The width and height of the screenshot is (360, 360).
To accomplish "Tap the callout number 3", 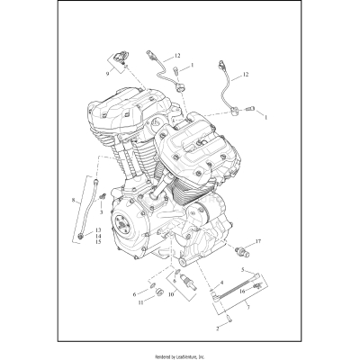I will (101, 211).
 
